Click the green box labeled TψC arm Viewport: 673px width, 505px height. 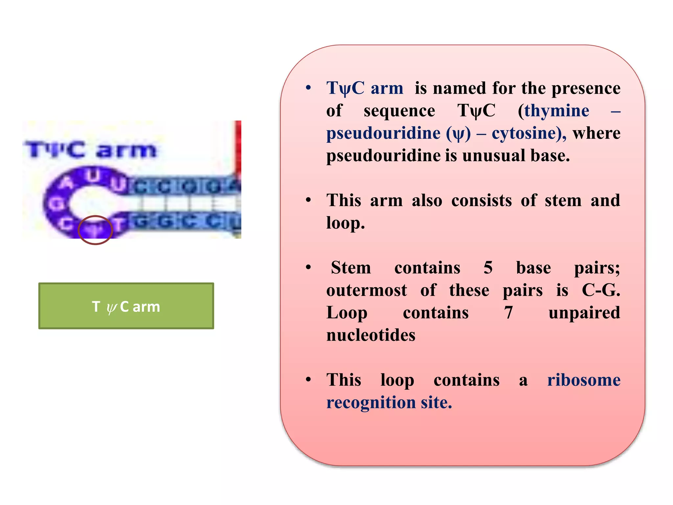pos(126,306)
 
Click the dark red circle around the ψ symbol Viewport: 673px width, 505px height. pos(95,230)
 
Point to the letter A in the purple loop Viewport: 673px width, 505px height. pos(67,183)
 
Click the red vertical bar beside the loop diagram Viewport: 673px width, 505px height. pos(238,148)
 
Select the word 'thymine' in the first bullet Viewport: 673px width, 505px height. pos(557,110)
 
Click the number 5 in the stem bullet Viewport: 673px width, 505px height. pos(488,268)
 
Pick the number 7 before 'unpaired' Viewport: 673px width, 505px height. pos(508,313)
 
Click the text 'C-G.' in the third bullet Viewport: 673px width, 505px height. pos(601,290)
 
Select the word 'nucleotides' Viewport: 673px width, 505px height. pos(371,335)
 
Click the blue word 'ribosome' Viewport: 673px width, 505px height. pos(584,380)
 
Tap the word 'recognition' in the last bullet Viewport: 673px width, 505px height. pos(371,402)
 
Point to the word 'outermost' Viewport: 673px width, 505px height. pos(366,290)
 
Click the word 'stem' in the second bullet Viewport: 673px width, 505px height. pos(563,200)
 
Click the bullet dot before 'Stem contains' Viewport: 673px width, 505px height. pos(308,267)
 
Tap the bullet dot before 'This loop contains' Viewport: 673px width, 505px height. pos(308,380)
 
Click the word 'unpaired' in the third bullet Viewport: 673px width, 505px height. pos(584,313)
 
